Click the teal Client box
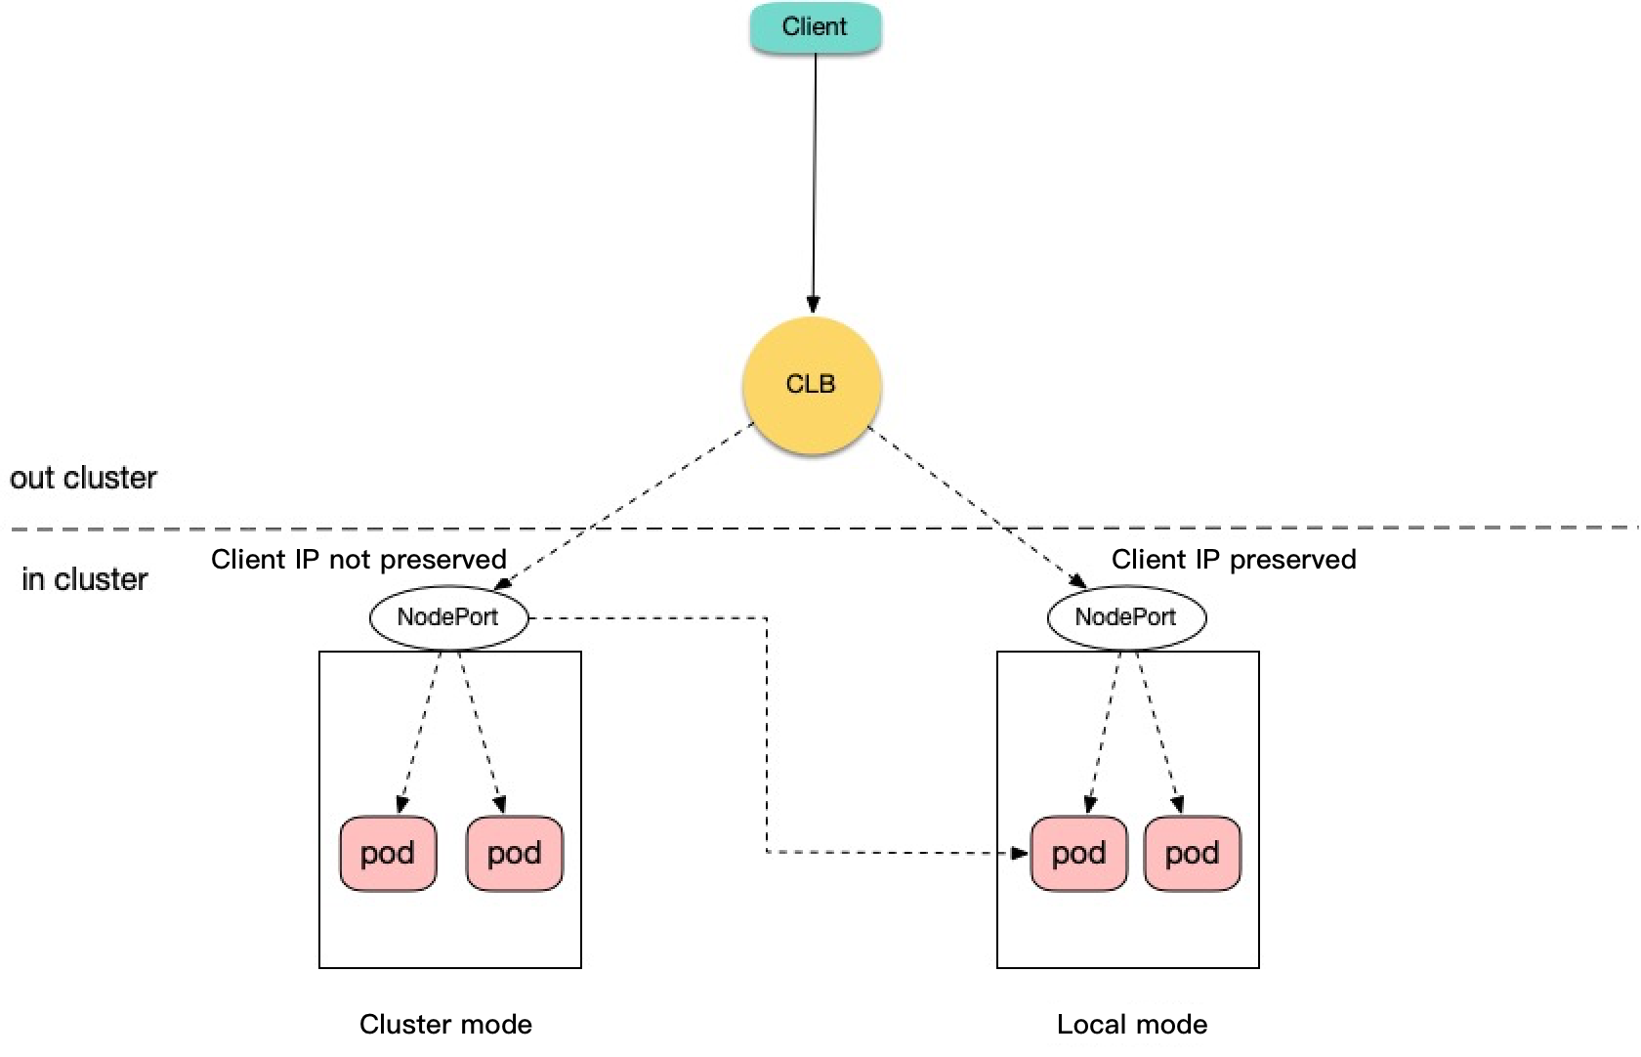[x=815, y=27]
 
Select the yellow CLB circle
[x=811, y=384]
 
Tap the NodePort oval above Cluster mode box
[x=448, y=617]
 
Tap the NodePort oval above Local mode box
[x=1126, y=617]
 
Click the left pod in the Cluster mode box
[x=388, y=854]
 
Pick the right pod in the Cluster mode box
[x=514, y=854]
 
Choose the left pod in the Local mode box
[x=1078, y=854]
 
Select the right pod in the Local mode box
[x=1192, y=854]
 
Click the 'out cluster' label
[x=83, y=479]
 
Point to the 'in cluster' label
[x=85, y=579]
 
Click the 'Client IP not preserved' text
[x=358, y=560]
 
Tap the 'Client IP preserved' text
[x=1234, y=560]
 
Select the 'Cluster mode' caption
[x=445, y=1025]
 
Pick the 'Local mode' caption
[x=1132, y=1025]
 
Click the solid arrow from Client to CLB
[x=815, y=176]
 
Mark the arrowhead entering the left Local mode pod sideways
[x=1020, y=853]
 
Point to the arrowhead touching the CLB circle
[x=814, y=305]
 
